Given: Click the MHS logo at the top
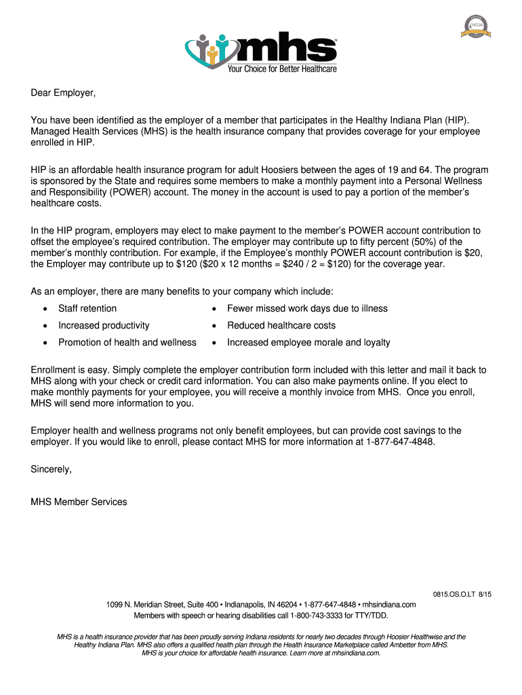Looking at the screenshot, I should (261, 47).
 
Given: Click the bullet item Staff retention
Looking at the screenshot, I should (87, 309).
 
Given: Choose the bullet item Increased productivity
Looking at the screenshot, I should (104, 326).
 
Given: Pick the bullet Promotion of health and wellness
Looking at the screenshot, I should (127, 343).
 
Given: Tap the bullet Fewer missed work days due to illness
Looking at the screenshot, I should (307, 309).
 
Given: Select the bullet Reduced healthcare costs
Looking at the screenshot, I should (281, 326).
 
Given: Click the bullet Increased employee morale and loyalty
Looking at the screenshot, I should (308, 343).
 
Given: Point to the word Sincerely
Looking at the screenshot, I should (52, 469).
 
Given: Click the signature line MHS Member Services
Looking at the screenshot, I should (79, 502).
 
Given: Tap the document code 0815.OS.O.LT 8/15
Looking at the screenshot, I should (462, 595).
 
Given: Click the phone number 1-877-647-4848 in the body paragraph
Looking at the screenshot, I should (399, 442).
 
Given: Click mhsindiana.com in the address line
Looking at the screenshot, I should (389, 605).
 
